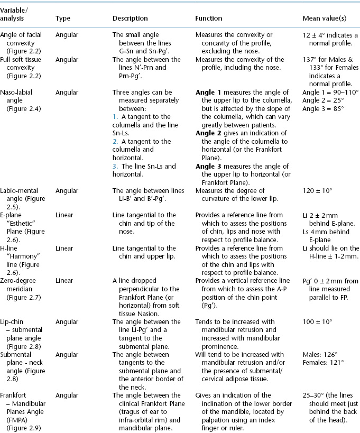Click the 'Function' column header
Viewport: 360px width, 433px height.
pyautogui.click(x=208, y=19)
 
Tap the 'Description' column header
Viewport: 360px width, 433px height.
pyautogui.click(x=130, y=19)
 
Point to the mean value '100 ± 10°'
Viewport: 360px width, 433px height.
pyautogui.click(x=318, y=323)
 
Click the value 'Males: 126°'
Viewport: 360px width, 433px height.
pyautogui.click(x=319, y=355)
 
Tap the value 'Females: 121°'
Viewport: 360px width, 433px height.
pyautogui.click(x=322, y=363)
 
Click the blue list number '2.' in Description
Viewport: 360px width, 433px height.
pyautogui.click(x=115, y=141)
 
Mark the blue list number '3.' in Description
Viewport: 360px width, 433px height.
pyautogui.click(x=115, y=167)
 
